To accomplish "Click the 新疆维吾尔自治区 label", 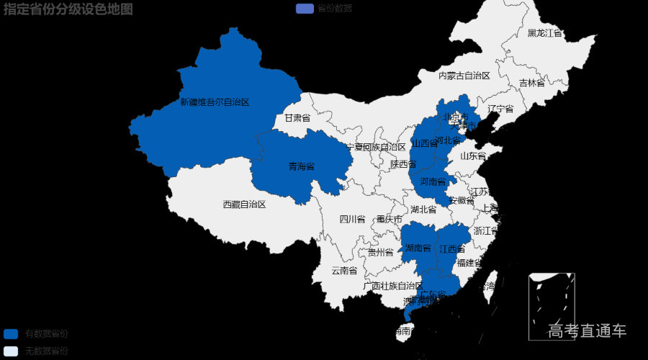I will point(215,102).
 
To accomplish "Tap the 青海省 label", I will point(302,166).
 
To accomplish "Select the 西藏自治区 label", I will point(244,204).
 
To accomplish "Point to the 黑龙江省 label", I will point(545,33).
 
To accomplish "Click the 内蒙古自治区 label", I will point(464,76).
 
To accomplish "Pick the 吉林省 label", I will point(532,83).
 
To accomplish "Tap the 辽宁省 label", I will point(500,109).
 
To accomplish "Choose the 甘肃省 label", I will point(297,117).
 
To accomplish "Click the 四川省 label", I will point(353,219).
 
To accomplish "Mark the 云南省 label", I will point(344,271).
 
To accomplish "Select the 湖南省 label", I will point(418,248).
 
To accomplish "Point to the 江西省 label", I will point(452,249).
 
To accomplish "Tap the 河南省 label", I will point(433,181).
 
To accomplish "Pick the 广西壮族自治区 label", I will point(393,285).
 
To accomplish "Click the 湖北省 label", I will point(423,210).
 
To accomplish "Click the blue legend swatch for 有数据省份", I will point(10,334).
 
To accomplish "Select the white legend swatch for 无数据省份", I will point(10,351).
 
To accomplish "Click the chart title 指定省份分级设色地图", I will point(68,9).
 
